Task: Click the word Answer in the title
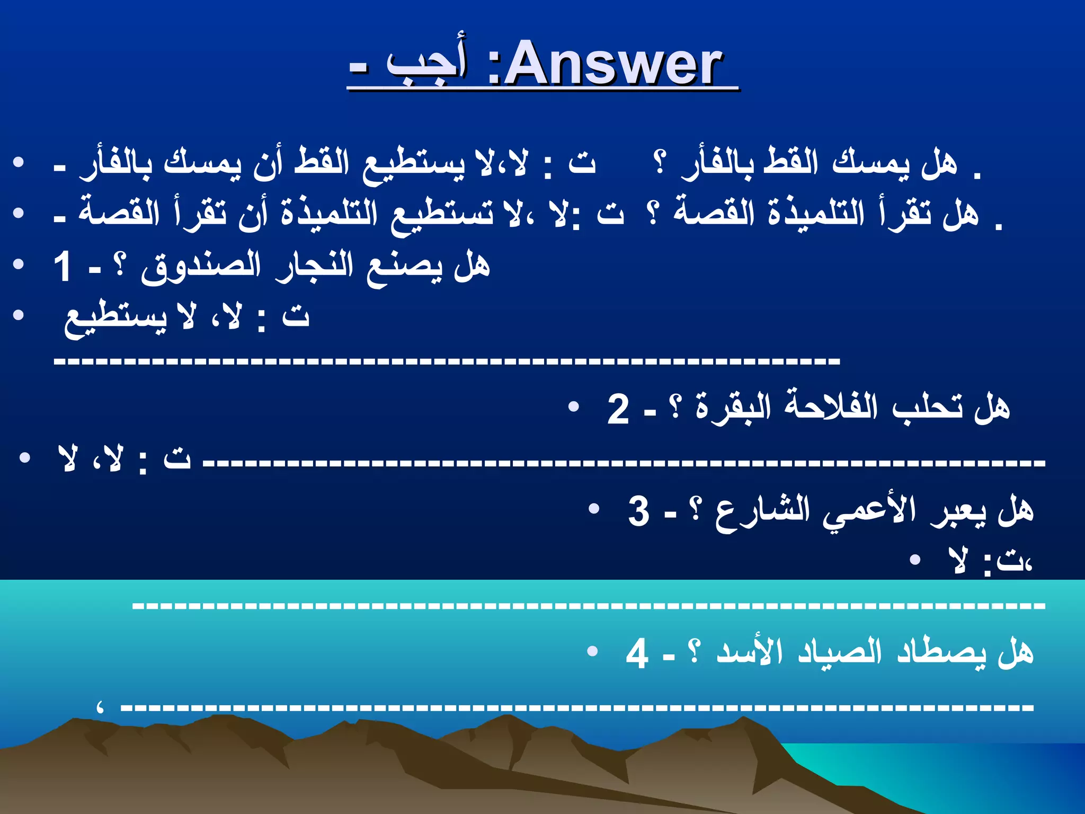click(613, 65)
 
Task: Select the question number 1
click(63, 267)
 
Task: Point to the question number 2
click(618, 409)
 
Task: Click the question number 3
click(639, 511)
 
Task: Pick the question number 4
click(637, 653)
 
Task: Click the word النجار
click(315, 266)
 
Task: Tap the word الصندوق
click(201, 268)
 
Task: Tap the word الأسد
click(749, 651)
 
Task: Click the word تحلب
click(927, 407)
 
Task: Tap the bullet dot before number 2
click(573, 407)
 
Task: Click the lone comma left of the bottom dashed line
click(99, 707)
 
